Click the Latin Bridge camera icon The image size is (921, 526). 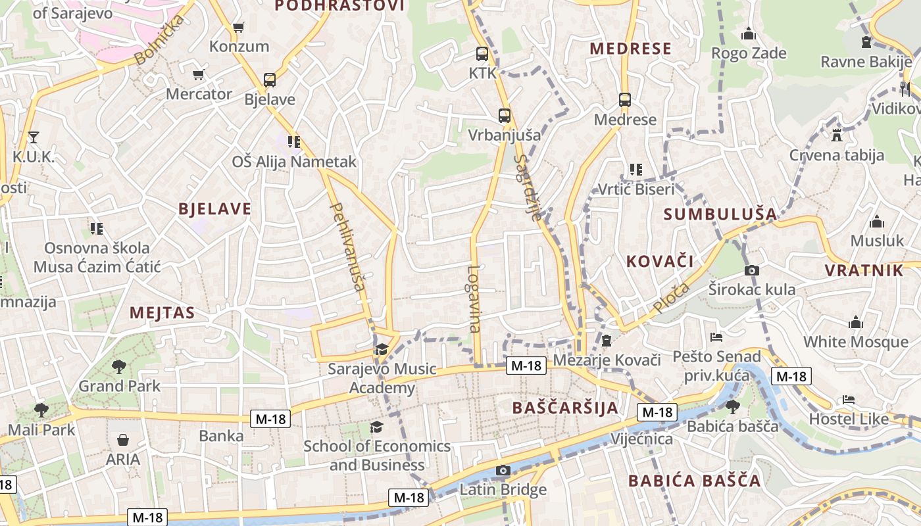coord(503,470)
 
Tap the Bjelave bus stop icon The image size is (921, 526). coord(269,80)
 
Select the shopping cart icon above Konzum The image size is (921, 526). coord(239,28)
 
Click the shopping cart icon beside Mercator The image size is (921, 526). coord(198,75)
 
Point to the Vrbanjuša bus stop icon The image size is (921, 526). coord(505,116)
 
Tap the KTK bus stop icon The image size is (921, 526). coord(482,54)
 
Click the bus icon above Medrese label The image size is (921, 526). coord(625,100)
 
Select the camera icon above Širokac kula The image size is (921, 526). coord(752,270)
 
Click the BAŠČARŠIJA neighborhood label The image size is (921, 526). coord(566,408)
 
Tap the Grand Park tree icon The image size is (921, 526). coord(119,367)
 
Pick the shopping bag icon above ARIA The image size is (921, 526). coord(123,440)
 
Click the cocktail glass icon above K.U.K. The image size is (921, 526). coord(34,137)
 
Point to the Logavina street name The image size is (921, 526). coord(474,299)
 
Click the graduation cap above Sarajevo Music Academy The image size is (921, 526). coord(382,349)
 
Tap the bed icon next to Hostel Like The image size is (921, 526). coord(849,400)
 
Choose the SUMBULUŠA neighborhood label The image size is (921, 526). coord(720,214)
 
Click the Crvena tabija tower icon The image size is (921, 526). coord(837,136)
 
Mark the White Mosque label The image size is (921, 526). coord(856,342)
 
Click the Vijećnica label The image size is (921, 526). coord(642,439)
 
